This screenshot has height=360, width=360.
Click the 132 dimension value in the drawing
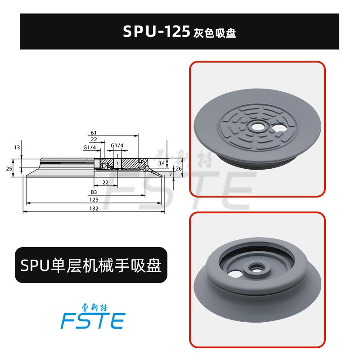point(94,208)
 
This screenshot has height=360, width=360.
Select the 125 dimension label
point(94,199)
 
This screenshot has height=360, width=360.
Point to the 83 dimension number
point(94,192)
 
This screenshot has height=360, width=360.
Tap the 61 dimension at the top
point(94,133)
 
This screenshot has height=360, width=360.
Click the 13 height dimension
point(17,147)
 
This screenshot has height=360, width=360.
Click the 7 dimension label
point(171,173)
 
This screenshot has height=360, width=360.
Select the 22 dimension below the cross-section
point(105,182)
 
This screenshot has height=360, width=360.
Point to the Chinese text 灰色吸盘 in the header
point(215,34)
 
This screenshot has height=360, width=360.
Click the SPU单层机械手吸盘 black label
point(91,265)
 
